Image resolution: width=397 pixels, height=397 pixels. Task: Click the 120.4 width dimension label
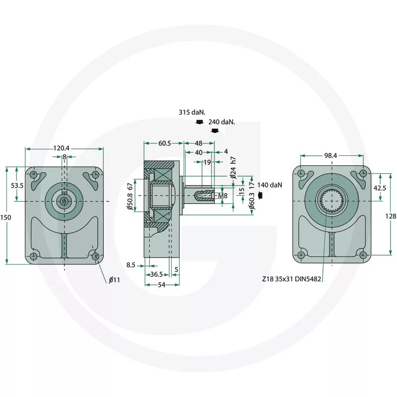[61, 148]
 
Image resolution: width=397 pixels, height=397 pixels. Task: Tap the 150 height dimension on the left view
[5, 217]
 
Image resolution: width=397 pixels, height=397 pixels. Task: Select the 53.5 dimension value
[17, 186]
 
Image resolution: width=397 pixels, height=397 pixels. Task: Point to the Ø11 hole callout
[114, 280]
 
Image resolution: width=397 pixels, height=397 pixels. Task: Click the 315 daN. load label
[192, 113]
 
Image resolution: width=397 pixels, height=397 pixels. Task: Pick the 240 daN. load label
[222, 122]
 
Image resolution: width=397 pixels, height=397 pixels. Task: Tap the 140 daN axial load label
[269, 185]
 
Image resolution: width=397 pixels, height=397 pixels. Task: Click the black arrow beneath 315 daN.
[199, 122]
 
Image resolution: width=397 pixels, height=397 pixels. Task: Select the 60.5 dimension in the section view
[165, 143]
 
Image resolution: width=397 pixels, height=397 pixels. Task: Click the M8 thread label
[223, 196]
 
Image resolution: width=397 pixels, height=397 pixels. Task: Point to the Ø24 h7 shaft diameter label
[233, 168]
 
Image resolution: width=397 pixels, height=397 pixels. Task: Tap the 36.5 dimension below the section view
[156, 274]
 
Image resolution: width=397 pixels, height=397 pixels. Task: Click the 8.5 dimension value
[131, 265]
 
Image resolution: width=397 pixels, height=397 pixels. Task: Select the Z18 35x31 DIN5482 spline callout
[291, 279]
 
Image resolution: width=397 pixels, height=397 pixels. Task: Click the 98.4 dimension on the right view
[331, 156]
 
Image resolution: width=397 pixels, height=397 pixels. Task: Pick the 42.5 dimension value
[380, 188]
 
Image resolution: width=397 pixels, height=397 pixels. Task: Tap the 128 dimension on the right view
[391, 216]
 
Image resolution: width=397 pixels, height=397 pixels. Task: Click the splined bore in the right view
[332, 201]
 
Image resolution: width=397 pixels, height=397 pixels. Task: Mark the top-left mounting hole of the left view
[33, 175]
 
